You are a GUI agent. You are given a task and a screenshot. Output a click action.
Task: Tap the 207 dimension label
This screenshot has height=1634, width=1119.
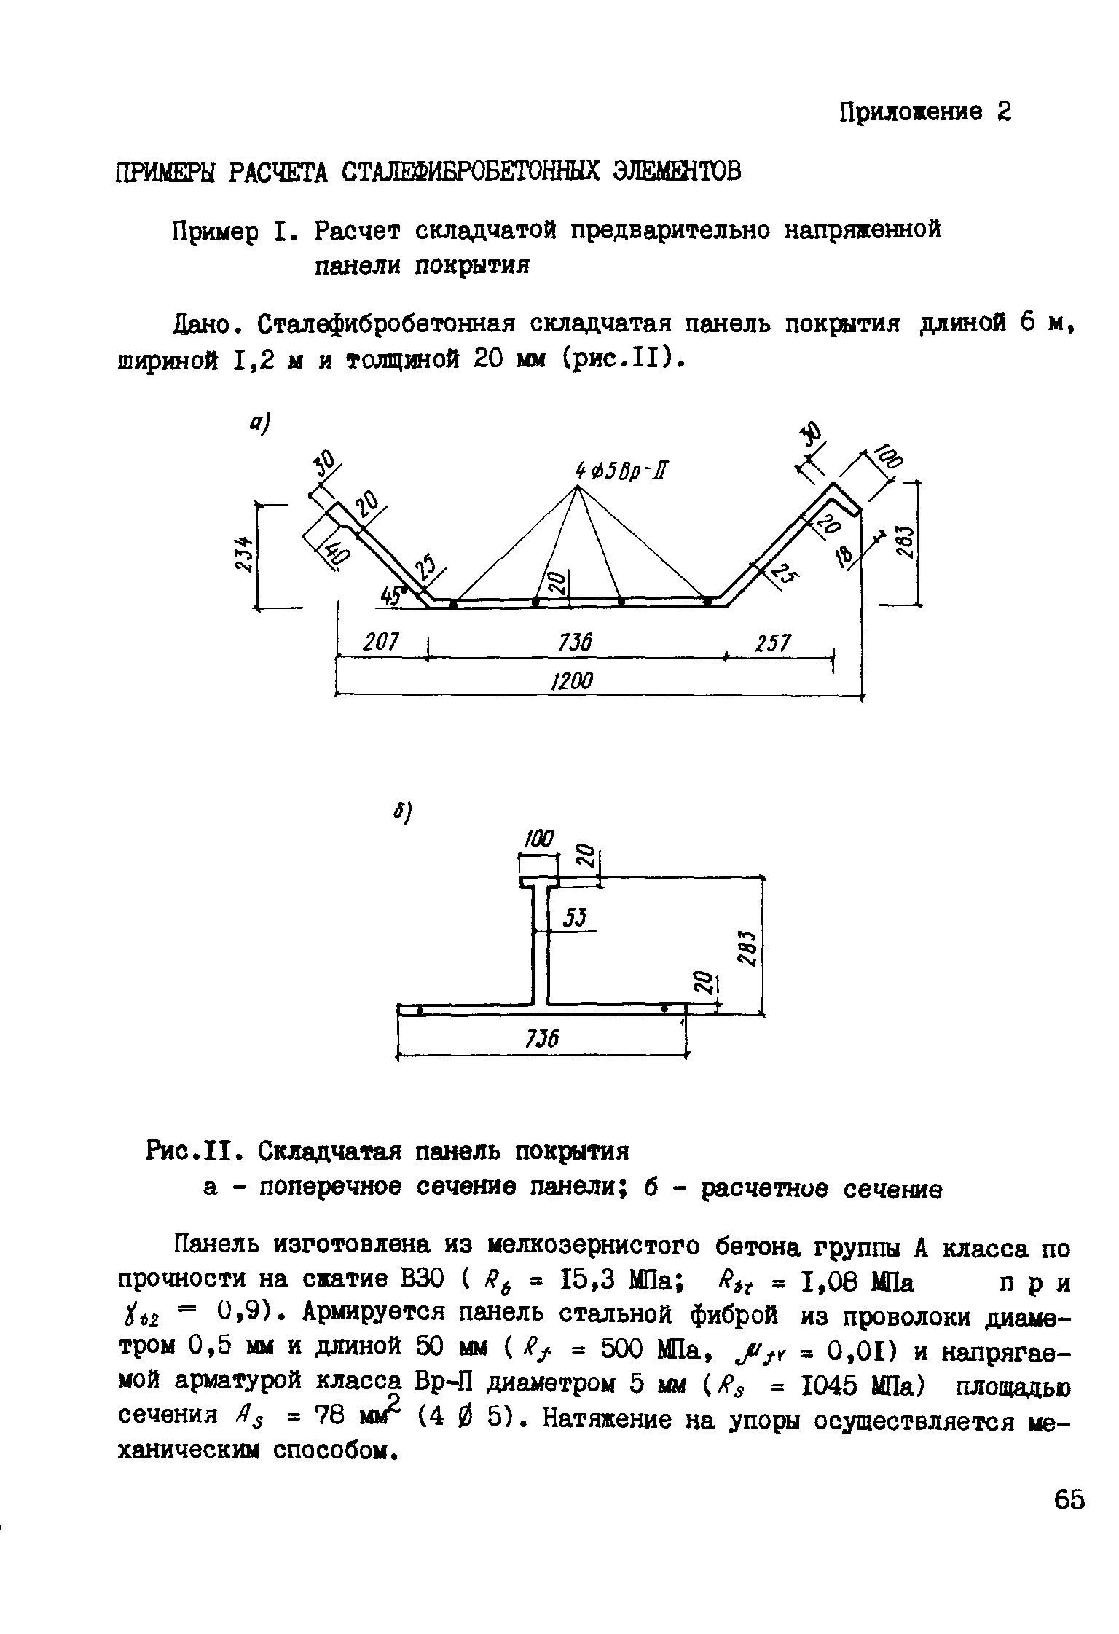click(382, 643)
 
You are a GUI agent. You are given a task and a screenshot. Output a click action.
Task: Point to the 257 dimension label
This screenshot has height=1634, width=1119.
click(773, 643)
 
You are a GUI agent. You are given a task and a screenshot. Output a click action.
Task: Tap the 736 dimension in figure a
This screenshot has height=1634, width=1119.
click(575, 643)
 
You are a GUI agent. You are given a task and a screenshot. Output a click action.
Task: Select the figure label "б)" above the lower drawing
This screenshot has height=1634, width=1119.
click(404, 813)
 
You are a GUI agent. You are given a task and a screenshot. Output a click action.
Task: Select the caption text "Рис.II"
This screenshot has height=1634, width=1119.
click(188, 1152)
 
